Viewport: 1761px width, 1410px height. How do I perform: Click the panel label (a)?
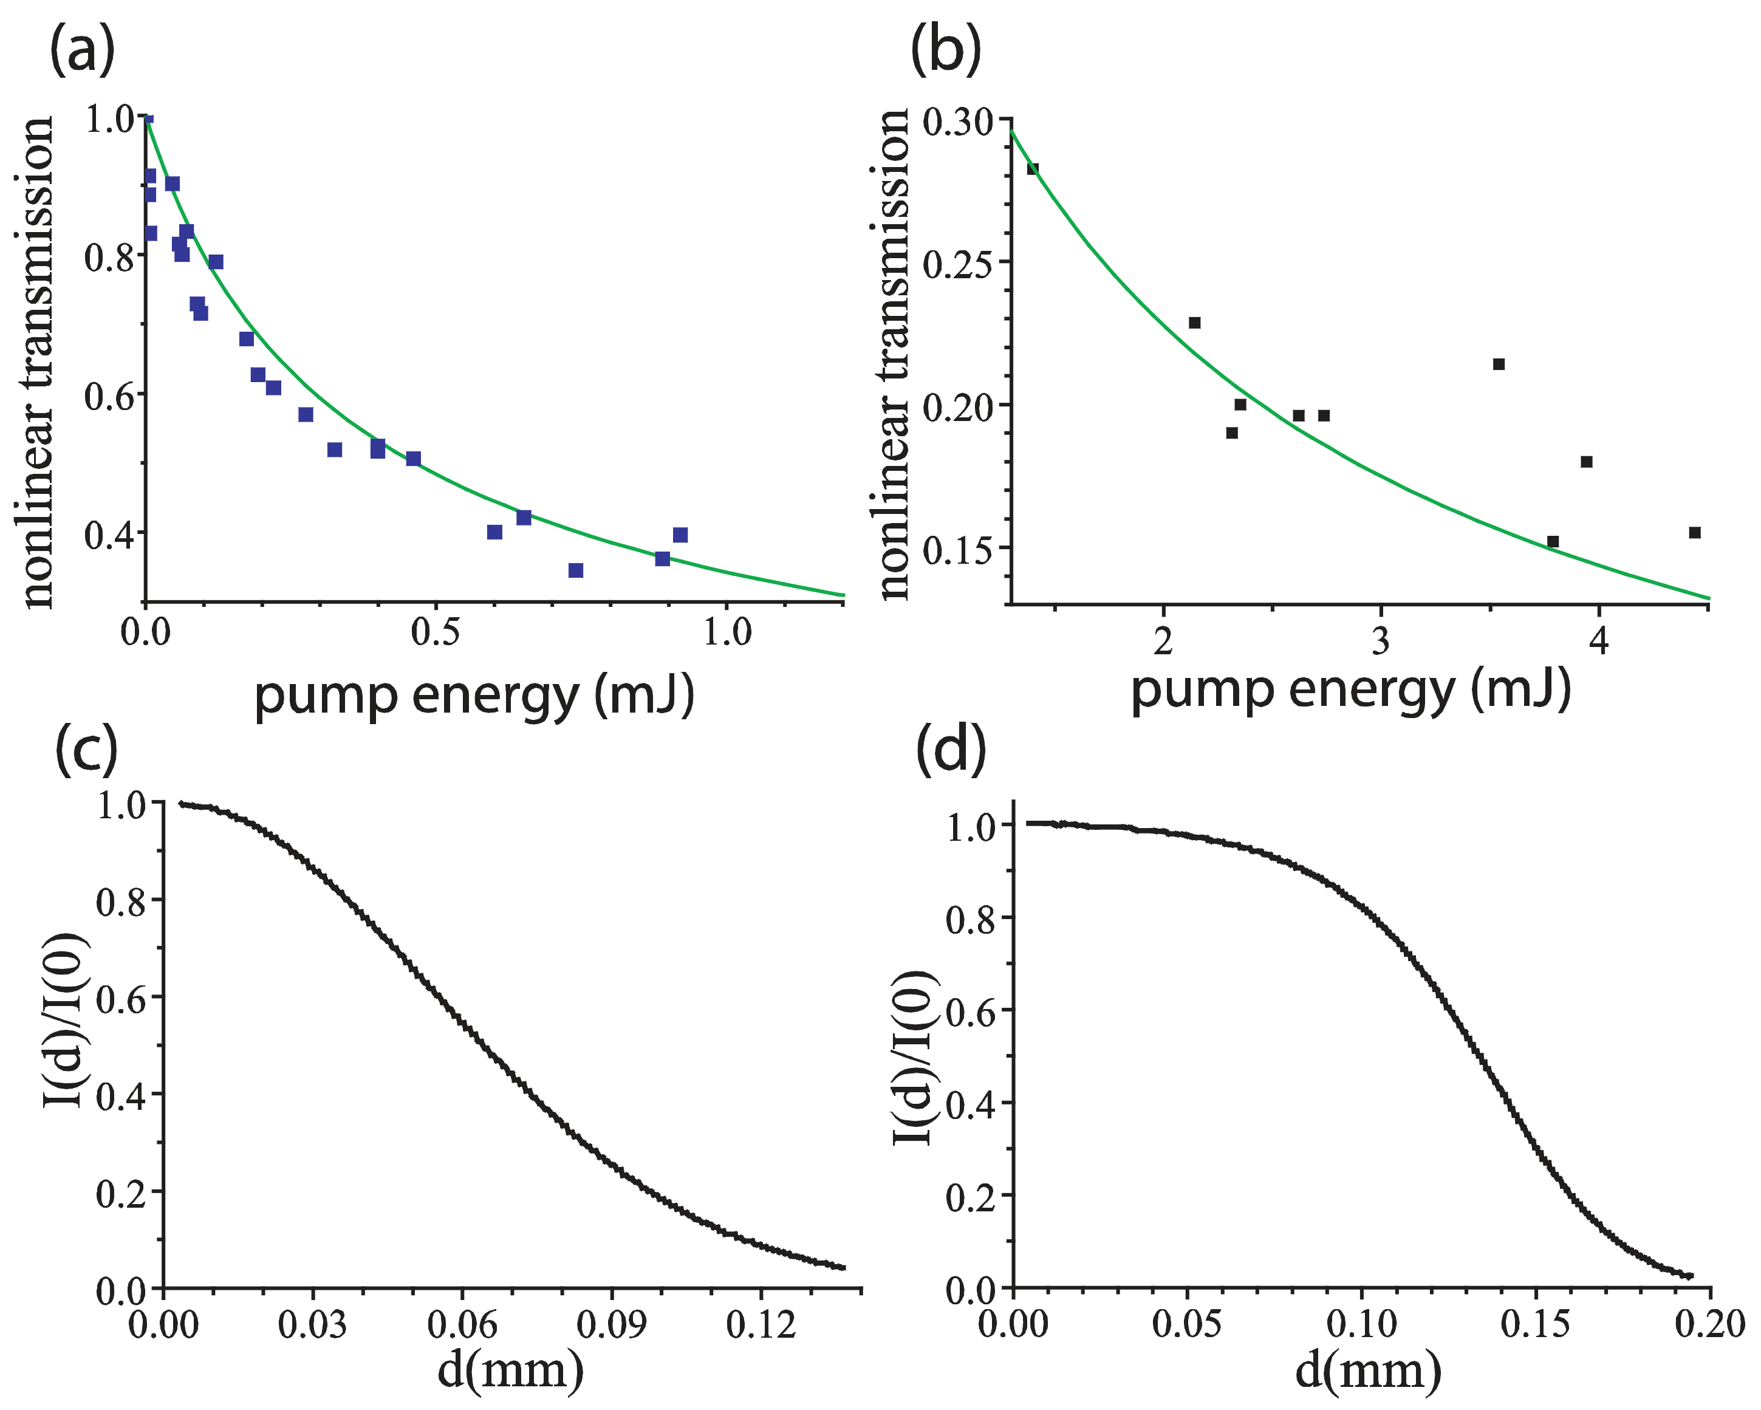pos(81,50)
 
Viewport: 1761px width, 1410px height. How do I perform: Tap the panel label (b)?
pos(945,50)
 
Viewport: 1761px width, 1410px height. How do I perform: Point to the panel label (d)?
pos(951,750)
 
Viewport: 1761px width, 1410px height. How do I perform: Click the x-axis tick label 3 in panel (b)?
pos(1380,642)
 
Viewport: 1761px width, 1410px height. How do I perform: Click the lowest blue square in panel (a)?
pos(576,570)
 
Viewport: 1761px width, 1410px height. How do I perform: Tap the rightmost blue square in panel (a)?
pos(680,535)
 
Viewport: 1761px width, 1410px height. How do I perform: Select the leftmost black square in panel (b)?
pos(1033,169)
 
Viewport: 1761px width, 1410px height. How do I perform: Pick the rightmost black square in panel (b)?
pos(1695,533)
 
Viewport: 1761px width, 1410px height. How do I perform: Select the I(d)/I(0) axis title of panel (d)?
pos(912,1058)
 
